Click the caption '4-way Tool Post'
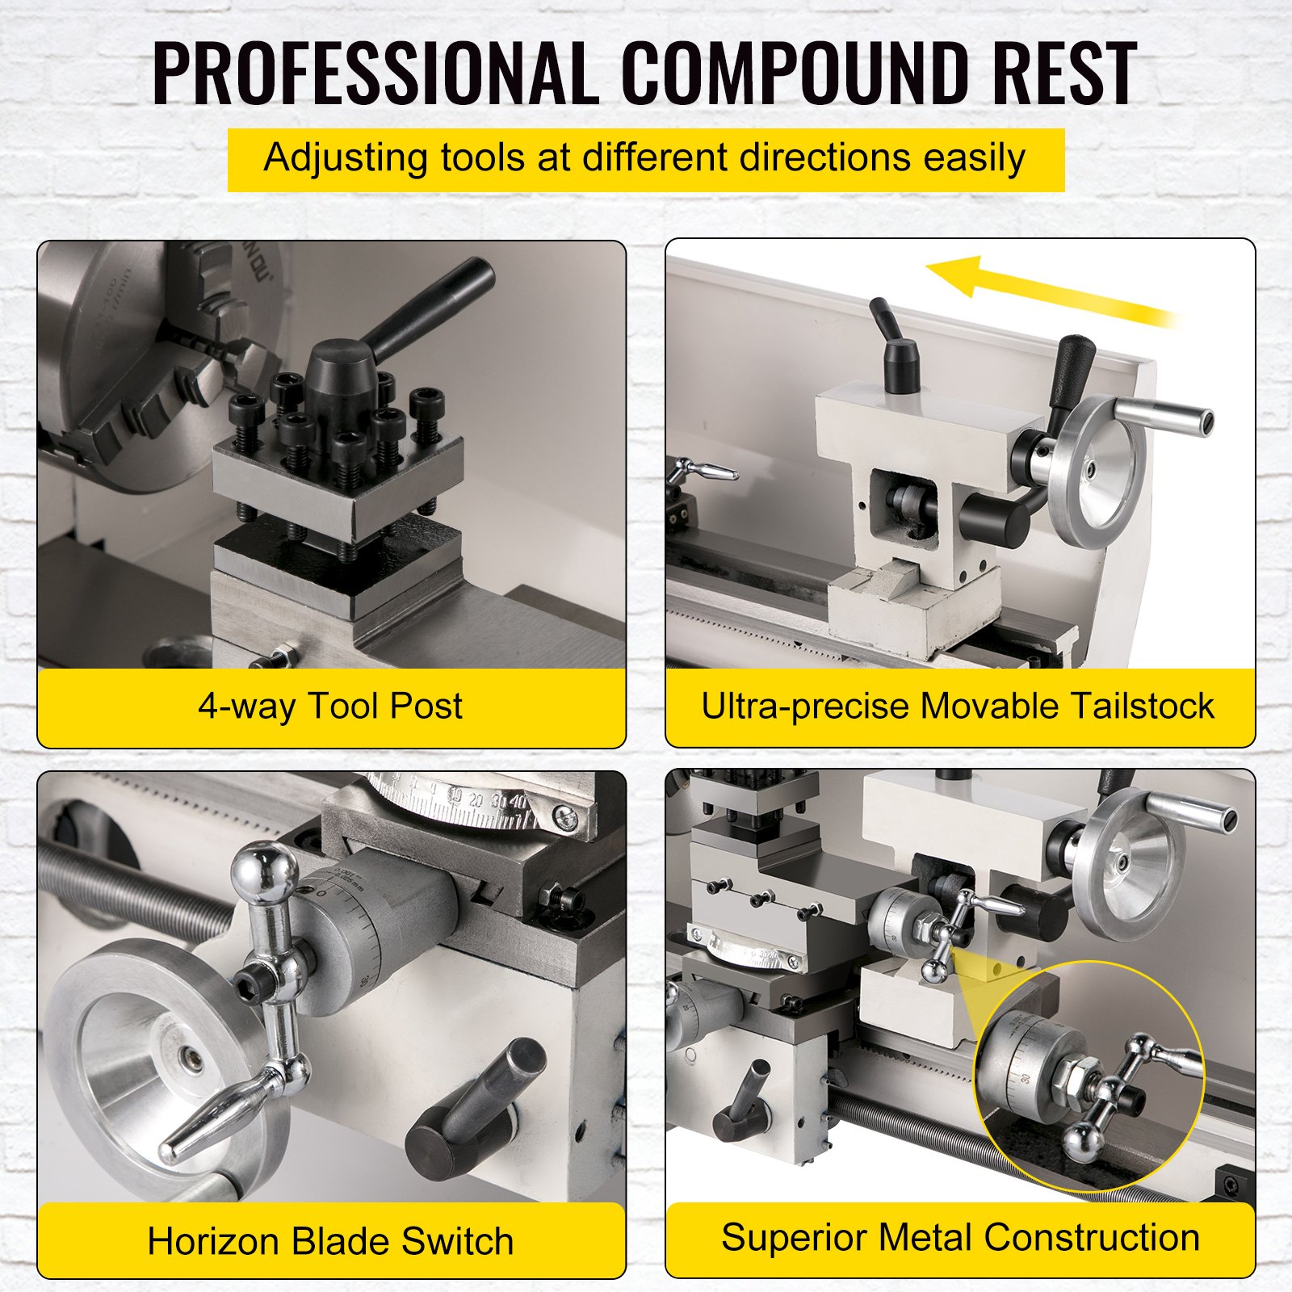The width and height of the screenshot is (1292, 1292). pos(330,706)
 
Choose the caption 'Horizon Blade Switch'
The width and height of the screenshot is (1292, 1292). pos(330,1241)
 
